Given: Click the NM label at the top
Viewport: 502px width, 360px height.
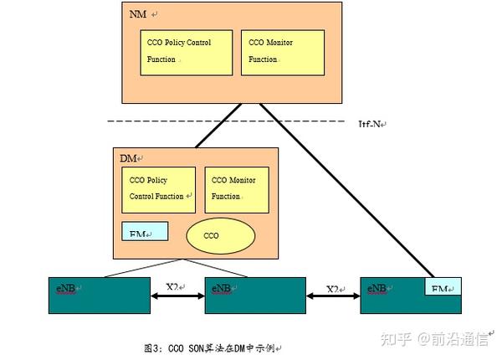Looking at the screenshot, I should [x=137, y=14].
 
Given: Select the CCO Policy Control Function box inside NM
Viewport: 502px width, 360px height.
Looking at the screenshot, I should [x=186, y=52].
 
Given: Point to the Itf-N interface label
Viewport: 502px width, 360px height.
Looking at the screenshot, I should [x=371, y=124].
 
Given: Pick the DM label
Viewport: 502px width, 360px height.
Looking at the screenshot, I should [x=130, y=158].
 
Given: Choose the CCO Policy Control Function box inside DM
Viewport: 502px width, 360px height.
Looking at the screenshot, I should [x=159, y=189].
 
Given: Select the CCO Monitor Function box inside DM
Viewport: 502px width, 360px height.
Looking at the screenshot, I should [x=237, y=189].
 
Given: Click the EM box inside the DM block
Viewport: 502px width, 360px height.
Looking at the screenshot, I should [x=145, y=232].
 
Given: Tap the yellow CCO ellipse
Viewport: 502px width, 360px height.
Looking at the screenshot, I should [x=212, y=235].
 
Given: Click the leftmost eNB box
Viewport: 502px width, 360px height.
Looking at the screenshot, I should [x=102, y=296].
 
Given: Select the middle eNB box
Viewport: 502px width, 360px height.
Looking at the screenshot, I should [x=255, y=296].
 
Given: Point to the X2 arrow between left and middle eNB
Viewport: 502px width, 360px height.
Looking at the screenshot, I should [x=178, y=294].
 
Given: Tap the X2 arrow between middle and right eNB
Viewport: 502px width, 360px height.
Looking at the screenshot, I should [x=333, y=294].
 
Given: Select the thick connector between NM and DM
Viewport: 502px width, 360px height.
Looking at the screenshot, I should [x=219, y=126].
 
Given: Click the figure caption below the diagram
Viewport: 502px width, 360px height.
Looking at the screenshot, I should [x=213, y=347].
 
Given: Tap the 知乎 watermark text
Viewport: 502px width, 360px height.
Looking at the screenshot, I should [x=397, y=339].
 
